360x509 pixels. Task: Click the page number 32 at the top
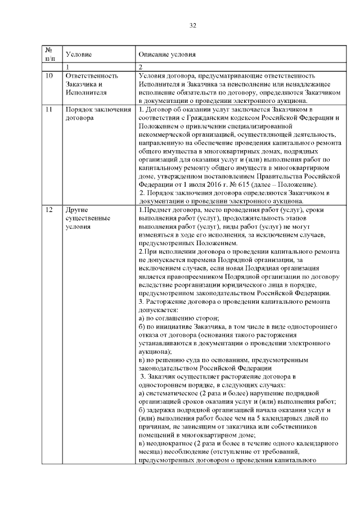click(193, 26)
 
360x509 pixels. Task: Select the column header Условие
click(79, 55)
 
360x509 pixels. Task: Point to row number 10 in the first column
click(49, 75)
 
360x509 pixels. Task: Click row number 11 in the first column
click(49, 107)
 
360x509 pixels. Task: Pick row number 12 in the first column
click(49, 209)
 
